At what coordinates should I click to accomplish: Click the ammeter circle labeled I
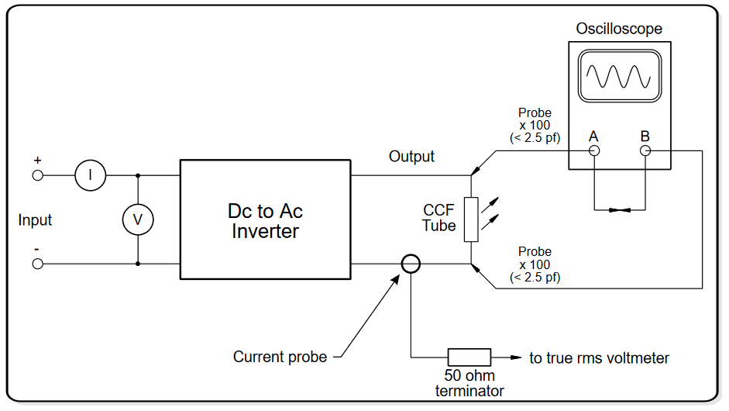point(90,176)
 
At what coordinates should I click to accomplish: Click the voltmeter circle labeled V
point(138,219)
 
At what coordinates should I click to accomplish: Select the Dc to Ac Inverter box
point(265,220)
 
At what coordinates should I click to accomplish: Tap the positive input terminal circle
point(37,176)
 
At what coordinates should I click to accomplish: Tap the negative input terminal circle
point(37,264)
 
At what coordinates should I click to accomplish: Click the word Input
point(35,220)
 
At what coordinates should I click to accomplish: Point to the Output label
point(411,157)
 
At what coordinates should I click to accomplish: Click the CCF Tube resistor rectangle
point(470,219)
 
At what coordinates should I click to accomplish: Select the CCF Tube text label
point(438,218)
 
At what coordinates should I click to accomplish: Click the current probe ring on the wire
point(411,264)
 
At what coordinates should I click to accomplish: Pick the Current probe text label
point(280,357)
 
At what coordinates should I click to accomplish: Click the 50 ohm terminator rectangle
point(469,357)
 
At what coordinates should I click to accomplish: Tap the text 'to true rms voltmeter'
point(599,357)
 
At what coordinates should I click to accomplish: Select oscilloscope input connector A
point(594,151)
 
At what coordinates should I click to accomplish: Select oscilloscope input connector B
point(645,151)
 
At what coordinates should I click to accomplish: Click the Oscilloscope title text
point(619,29)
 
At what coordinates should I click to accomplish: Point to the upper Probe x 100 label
point(535,126)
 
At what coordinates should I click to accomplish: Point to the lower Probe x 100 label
point(535,264)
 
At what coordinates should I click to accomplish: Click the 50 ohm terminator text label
point(469,384)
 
